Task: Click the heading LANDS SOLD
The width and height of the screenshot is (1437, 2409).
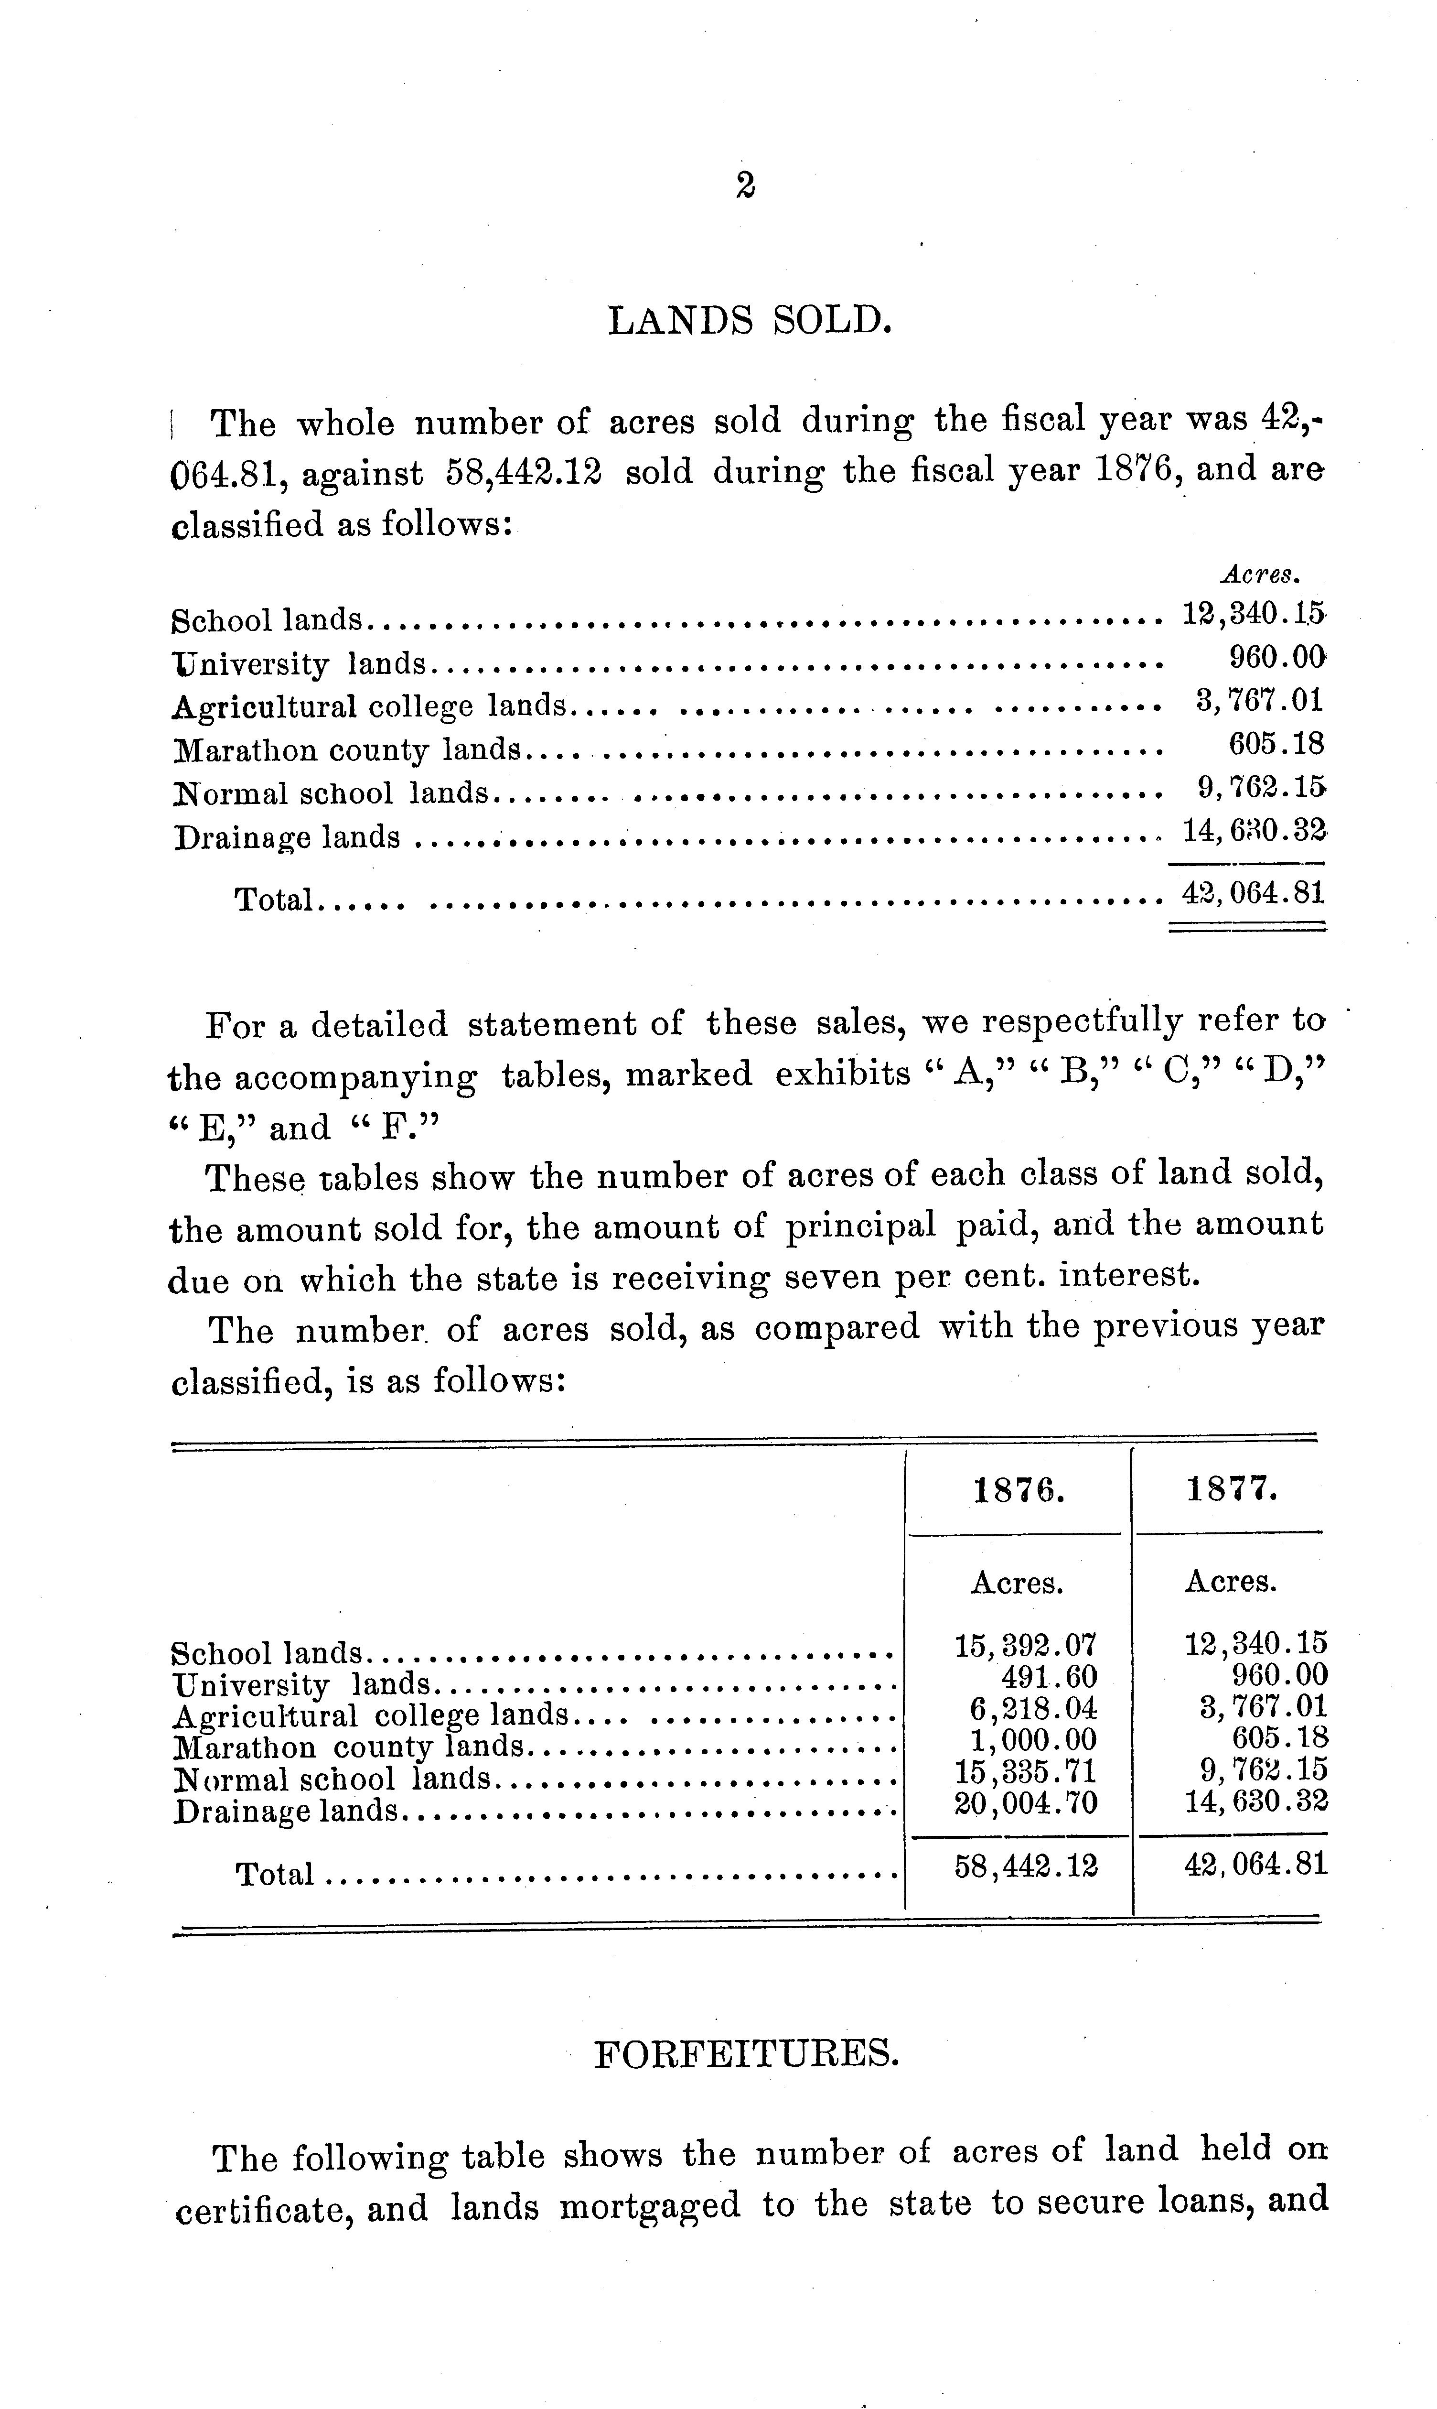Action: [749, 320]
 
